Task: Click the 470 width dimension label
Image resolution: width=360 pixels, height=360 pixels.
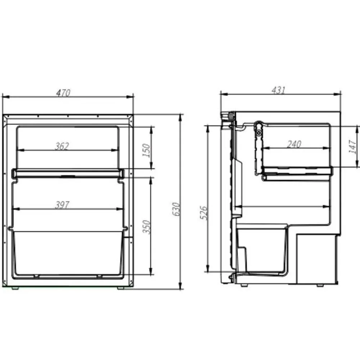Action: pos(63,93)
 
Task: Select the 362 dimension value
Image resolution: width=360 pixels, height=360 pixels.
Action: pos(62,146)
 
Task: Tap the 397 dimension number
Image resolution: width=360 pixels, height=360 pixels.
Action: pos(62,205)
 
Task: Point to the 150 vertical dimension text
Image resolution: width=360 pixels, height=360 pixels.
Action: pos(146,150)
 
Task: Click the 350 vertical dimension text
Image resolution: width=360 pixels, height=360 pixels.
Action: pos(147,226)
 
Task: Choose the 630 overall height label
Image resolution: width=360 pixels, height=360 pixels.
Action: pos(176,209)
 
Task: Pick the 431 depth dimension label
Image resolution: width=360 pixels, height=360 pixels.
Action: pos(279,90)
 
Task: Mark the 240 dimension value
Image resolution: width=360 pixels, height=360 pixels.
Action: pos(294,144)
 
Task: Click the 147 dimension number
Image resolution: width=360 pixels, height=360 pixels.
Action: pos(352,147)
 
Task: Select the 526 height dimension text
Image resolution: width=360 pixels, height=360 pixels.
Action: pos(203,213)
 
